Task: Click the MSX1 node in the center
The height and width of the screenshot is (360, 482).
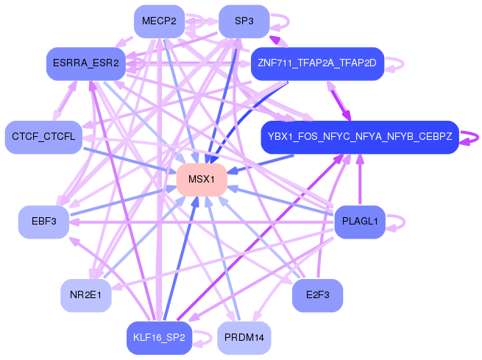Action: (x=201, y=180)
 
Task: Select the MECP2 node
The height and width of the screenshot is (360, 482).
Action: (x=159, y=21)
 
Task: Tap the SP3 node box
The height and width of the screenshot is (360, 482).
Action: (x=244, y=21)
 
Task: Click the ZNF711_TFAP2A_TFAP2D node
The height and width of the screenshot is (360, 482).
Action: (x=316, y=64)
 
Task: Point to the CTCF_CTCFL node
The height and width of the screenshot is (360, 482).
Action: (x=43, y=137)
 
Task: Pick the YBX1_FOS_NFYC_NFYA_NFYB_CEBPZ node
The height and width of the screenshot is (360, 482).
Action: (x=359, y=137)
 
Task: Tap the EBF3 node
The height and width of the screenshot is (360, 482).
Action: (x=43, y=222)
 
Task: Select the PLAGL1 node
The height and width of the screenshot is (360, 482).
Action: (x=359, y=222)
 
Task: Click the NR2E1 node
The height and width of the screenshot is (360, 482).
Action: (x=85, y=295)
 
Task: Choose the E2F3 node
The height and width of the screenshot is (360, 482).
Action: (x=316, y=295)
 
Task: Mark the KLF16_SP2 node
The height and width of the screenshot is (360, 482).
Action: (x=159, y=338)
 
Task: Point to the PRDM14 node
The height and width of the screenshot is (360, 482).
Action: (x=244, y=338)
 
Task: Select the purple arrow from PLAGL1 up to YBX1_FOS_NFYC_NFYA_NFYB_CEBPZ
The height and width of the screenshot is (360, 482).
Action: (x=360, y=180)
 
